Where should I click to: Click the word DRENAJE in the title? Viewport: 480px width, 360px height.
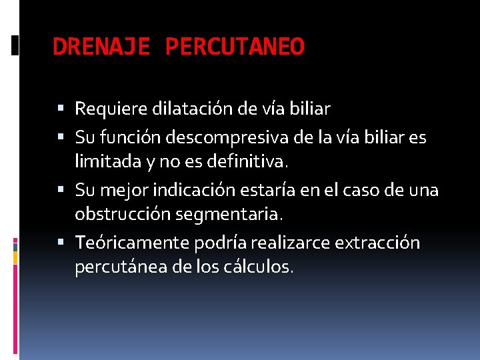tap(102, 47)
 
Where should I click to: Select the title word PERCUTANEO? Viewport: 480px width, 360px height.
tap(235, 47)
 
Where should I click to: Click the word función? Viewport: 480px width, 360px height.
tap(129, 138)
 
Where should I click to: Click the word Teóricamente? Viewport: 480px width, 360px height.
tap(132, 243)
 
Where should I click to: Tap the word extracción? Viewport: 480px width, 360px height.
tap(378, 243)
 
